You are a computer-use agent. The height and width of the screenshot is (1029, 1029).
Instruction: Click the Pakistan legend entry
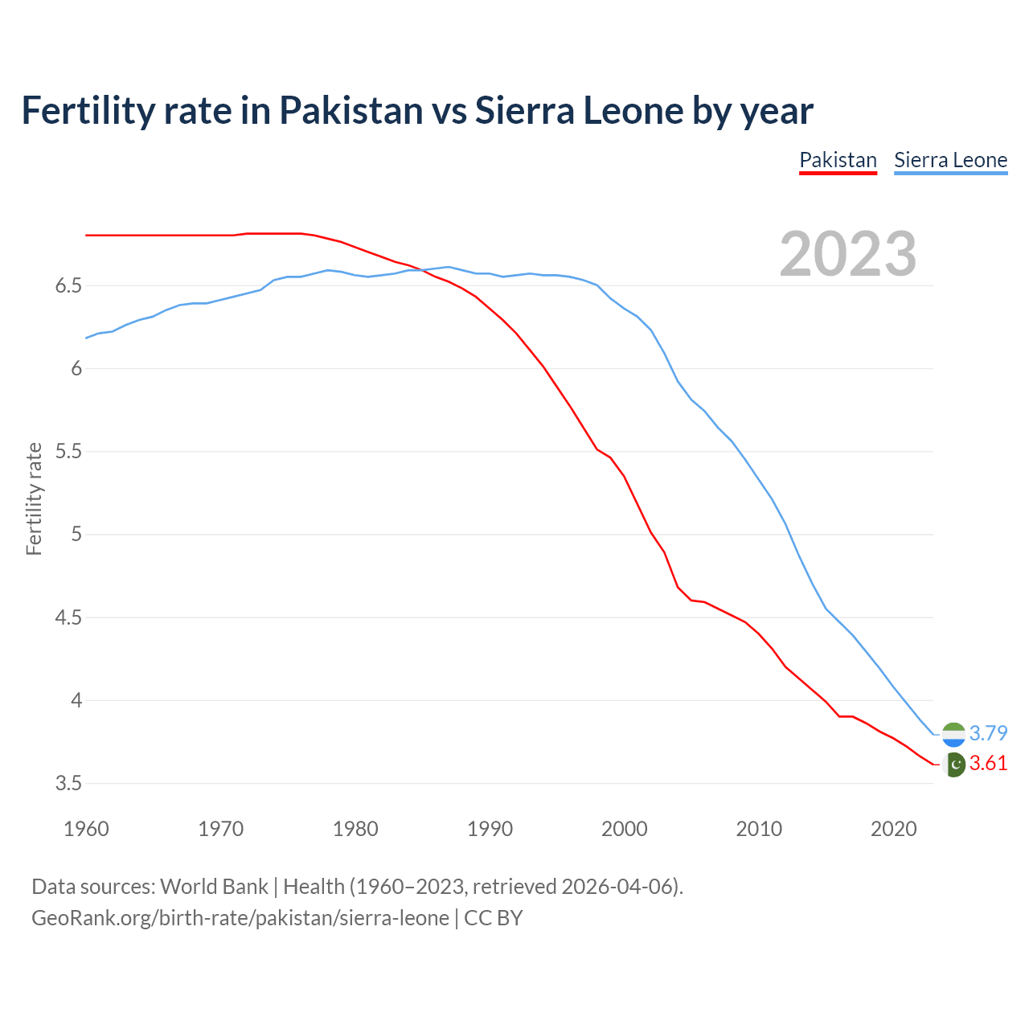pyautogui.click(x=838, y=160)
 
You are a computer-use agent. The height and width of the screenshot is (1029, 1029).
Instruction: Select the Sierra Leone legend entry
pyautogui.click(x=950, y=160)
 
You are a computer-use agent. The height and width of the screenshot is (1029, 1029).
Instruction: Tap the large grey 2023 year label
pyautogui.click(x=847, y=254)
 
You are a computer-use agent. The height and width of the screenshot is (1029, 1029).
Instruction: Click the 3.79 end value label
pyautogui.click(x=988, y=733)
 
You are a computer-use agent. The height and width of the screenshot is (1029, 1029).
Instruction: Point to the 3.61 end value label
pyautogui.click(x=988, y=764)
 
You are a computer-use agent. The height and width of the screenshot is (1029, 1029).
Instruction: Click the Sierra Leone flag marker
pyautogui.click(x=953, y=734)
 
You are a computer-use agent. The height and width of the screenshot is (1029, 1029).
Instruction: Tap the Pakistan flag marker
pyautogui.click(x=953, y=765)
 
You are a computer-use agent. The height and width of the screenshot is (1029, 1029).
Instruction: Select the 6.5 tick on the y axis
pyautogui.click(x=69, y=286)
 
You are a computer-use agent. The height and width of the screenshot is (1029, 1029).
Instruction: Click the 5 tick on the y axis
pyautogui.click(x=77, y=535)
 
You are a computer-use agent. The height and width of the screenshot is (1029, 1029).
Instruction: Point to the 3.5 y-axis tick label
pyautogui.click(x=69, y=784)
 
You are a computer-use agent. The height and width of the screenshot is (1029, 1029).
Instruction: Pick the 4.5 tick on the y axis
pyautogui.click(x=69, y=618)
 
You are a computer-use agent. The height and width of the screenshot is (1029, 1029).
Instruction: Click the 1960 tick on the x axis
pyautogui.click(x=86, y=829)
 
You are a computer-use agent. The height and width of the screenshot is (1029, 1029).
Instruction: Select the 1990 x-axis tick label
pyautogui.click(x=490, y=829)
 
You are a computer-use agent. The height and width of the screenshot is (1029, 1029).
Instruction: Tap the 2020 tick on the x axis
pyautogui.click(x=893, y=829)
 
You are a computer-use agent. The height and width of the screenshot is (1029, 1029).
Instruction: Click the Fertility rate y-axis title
pyautogui.click(x=34, y=498)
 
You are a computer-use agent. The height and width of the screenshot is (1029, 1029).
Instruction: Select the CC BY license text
pyautogui.click(x=494, y=918)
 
